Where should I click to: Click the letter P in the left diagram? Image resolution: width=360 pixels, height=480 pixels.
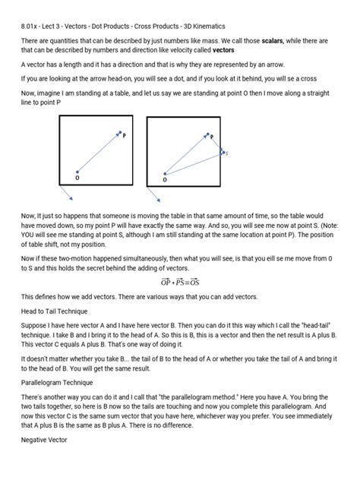(125, 136)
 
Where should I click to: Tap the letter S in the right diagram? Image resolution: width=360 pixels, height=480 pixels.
(226, 153)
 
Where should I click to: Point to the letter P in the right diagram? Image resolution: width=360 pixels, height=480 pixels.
(212, 137)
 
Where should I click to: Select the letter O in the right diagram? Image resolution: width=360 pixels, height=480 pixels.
(165, 180)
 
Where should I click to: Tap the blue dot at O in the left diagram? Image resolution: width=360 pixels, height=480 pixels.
(77, 172)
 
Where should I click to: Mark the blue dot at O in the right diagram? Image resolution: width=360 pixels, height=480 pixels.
(165, 173)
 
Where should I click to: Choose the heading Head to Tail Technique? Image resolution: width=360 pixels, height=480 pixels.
(55, 311)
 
